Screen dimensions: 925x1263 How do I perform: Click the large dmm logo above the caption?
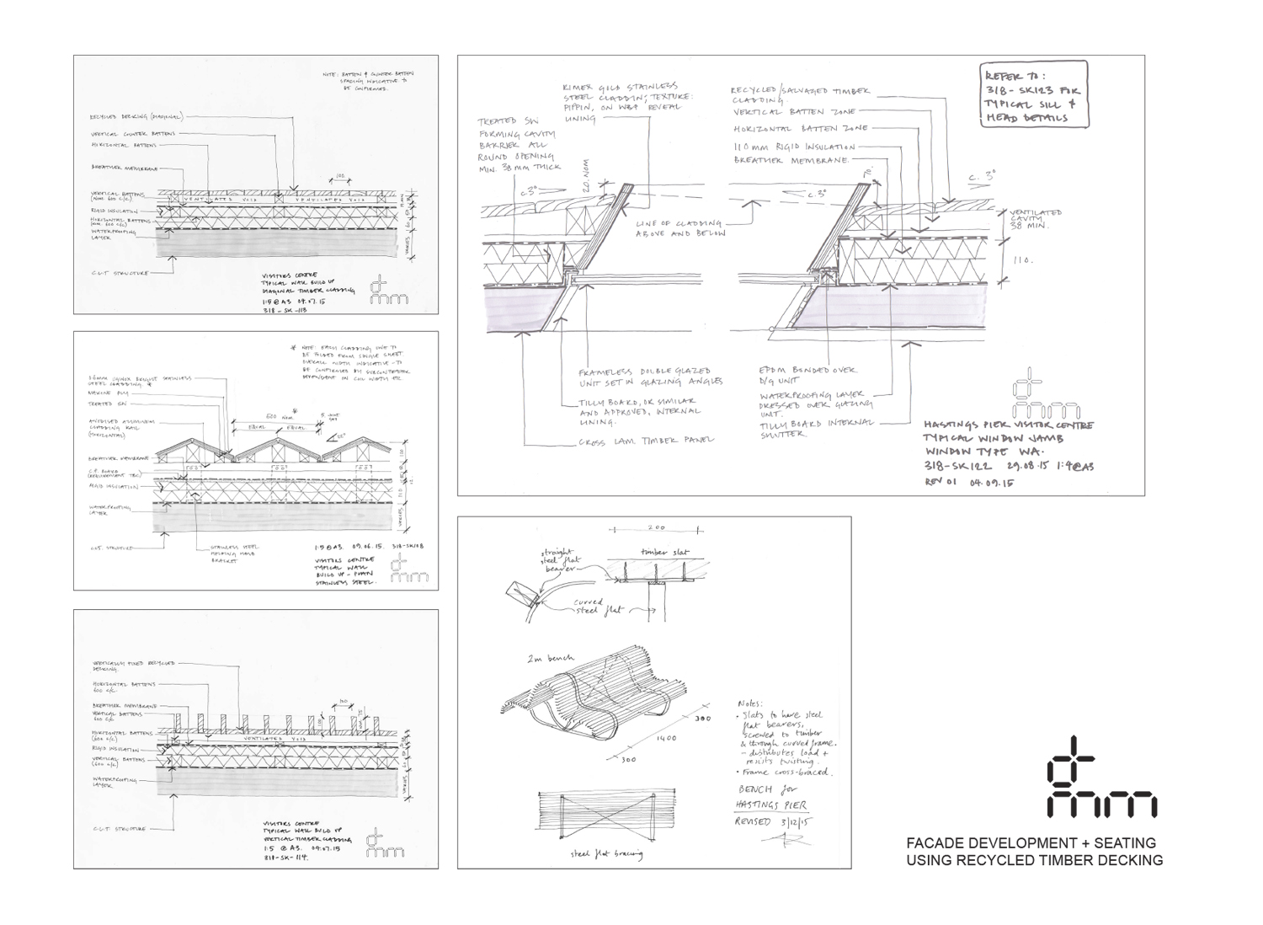coord(1100,777)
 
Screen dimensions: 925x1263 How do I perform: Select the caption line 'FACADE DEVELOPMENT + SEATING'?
coord(1031,843)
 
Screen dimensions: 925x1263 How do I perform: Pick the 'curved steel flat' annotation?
coord(597,605)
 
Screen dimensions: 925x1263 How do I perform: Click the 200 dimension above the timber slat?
coord(656,528)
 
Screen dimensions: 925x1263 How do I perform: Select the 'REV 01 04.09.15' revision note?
coord(970,483)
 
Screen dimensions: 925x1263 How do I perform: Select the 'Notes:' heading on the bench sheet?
coord(748,703)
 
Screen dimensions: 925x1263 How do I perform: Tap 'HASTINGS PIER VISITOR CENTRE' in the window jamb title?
coord(1009,426)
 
